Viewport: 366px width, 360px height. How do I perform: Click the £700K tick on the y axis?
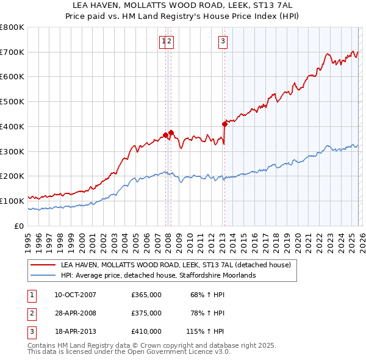pos(12,52)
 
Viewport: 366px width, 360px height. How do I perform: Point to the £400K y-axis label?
pos(12,126)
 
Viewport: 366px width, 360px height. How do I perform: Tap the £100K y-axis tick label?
pos(12,201)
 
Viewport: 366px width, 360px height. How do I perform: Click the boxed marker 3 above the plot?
pos(223,41)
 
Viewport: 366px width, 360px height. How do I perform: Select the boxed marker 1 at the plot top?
pos(163,41)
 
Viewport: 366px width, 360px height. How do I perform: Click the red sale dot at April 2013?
pos(224,124)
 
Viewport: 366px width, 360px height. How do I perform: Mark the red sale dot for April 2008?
pos(171,132)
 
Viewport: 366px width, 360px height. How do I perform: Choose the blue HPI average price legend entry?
pos(158,276)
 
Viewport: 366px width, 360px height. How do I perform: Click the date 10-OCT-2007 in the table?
pos(75,295)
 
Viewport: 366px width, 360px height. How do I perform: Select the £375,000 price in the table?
pos(146,313)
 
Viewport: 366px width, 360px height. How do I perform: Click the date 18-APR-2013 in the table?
pos(75,331)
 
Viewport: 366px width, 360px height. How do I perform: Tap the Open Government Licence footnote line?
pos(129,352)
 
